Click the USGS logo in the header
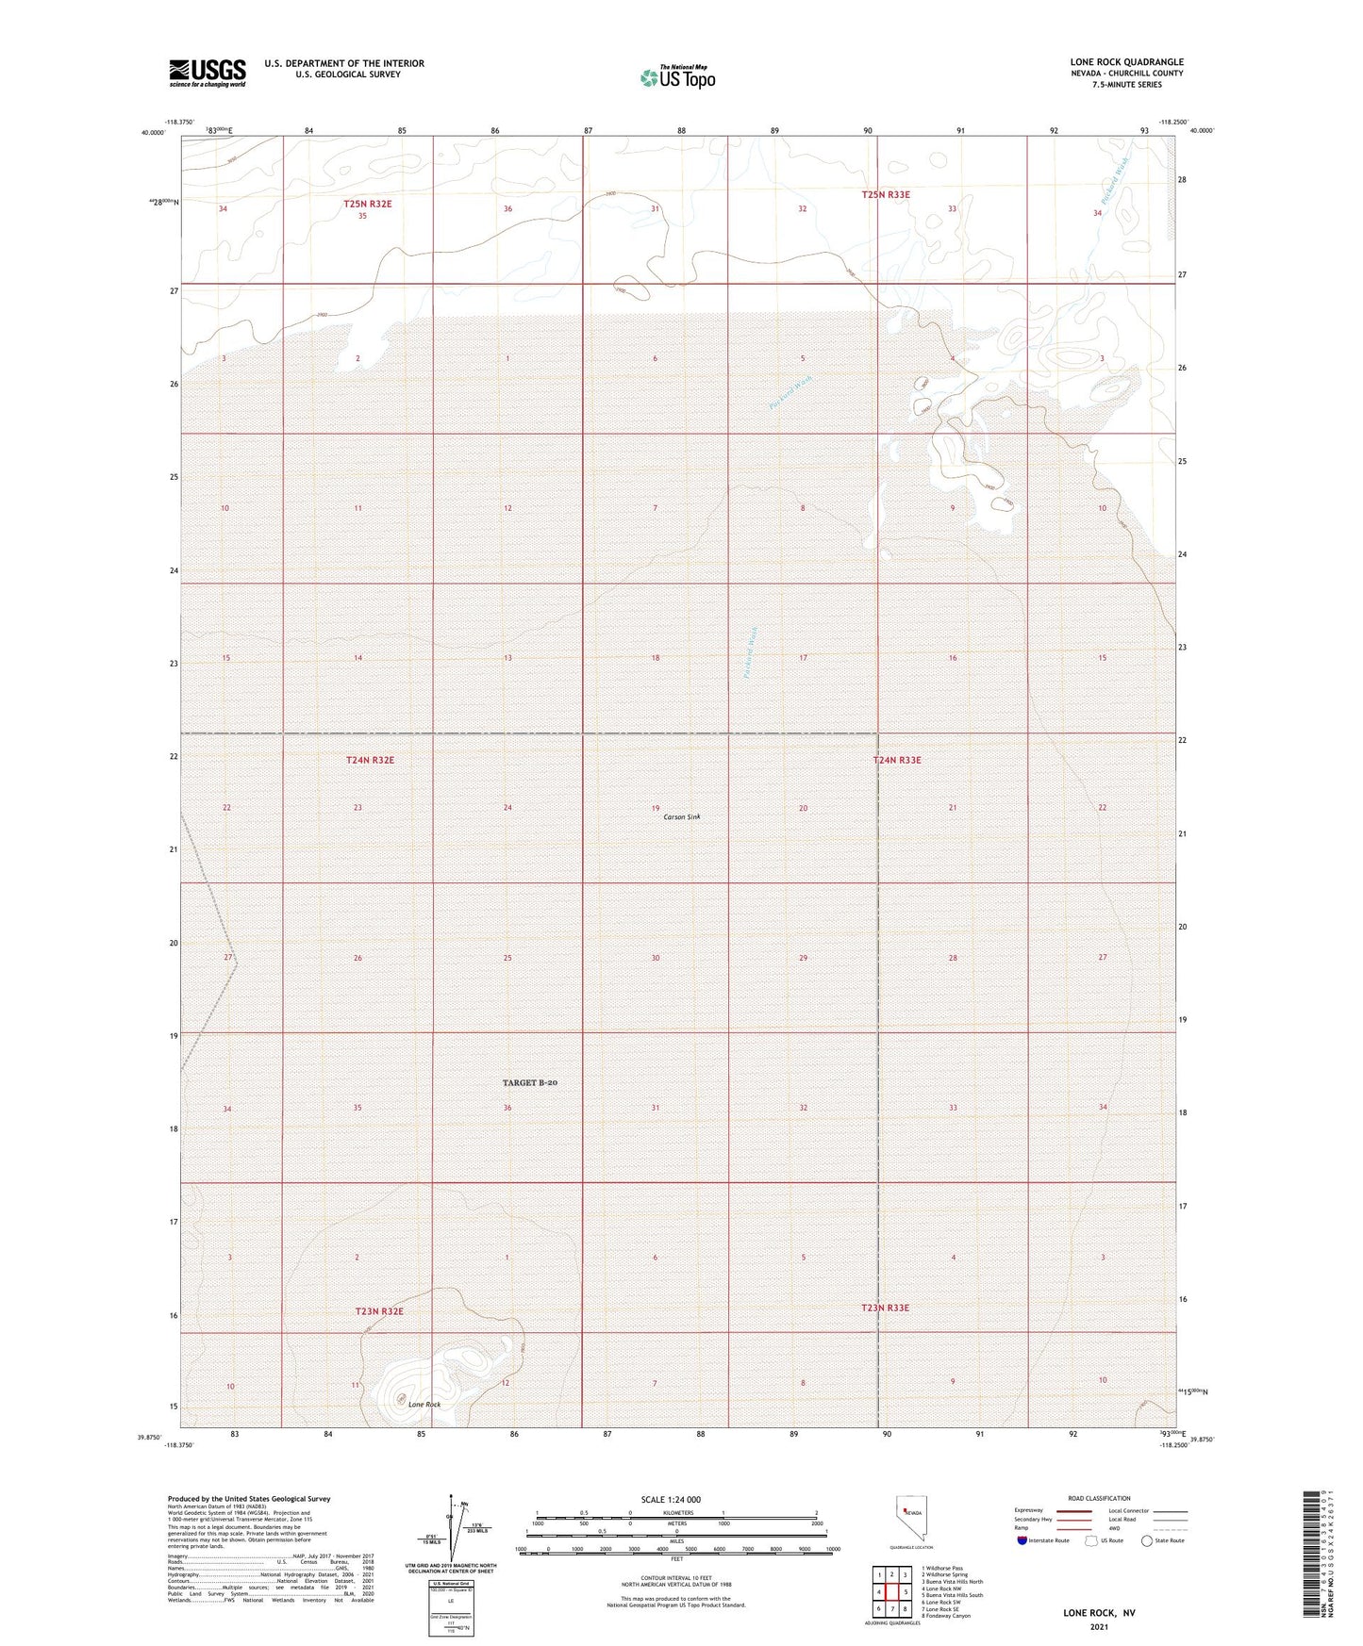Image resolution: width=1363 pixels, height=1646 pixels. (207, 73)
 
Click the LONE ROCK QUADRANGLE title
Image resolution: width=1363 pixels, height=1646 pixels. (1126, 61)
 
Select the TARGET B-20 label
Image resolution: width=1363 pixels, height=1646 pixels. (529, 1082)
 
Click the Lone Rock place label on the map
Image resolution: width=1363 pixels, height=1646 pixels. (424, 1404)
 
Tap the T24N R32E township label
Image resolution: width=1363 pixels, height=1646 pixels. (369, 759)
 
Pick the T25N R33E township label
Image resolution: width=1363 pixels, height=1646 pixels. (886, 194)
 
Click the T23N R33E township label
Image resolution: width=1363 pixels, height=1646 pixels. (885, 1308)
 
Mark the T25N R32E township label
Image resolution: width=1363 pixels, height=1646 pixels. (367, 204)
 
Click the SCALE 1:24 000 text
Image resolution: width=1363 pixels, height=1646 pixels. (671, 1499)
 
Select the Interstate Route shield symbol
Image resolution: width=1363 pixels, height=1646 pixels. (1022, 1540)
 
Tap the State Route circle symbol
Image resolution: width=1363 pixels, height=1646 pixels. (1147, 1540)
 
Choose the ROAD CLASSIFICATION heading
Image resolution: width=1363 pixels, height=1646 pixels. (1099, 1498)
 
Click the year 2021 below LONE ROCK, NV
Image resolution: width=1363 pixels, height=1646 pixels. (1098, 1626)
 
